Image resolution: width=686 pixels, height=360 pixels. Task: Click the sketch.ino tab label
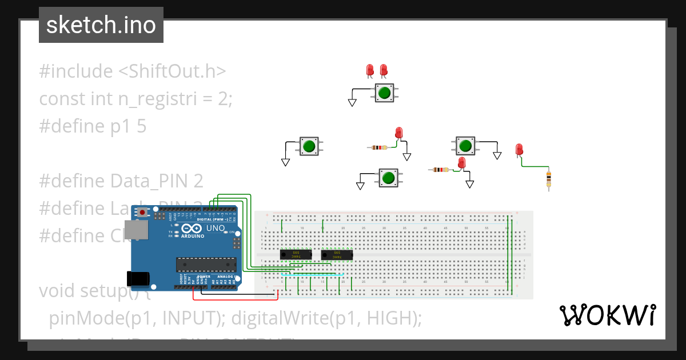click(101, 25)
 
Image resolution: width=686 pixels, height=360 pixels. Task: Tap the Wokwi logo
click(607, 315)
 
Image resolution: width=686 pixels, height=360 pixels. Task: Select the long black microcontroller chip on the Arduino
click(205, 264)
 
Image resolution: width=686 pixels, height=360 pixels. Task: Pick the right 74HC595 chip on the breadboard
click(337, 254)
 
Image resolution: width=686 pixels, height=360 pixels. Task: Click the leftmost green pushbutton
click(309, 146)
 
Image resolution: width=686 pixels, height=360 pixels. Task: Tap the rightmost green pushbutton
click(465, 146)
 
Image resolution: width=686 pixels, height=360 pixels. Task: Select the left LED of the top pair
click(370, 70)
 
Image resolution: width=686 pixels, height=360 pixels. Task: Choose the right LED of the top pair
click(384, 70)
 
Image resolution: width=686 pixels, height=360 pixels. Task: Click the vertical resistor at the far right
click(548, 179)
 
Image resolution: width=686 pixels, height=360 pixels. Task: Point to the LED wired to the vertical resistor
click(519, 150)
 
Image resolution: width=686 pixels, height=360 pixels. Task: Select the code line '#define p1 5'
click(93, 126)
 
